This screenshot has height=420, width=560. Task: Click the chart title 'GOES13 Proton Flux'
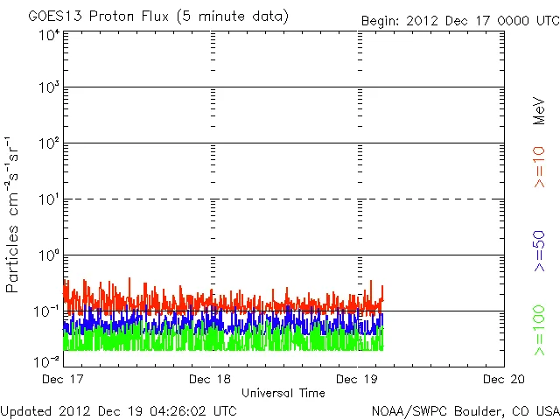(157, 17)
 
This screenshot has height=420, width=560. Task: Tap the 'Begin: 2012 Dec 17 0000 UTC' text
(459, 19)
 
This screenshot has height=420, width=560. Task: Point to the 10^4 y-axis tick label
(49, 35)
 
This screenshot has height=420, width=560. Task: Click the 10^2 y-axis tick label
(49, 144)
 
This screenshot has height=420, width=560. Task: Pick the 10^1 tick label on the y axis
(49, 200)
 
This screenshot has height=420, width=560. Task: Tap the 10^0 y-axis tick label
(49, 256)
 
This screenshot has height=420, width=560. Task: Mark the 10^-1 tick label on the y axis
(48, 311)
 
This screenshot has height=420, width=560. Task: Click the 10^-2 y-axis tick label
(48, 360)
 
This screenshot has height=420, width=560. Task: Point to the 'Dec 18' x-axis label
(210, 379)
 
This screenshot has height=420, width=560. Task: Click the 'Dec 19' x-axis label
(357, 379)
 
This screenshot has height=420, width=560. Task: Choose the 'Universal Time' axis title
(283, 393)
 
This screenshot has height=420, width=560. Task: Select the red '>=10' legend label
(540, 166)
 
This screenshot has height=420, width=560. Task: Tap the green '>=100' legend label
(540, 330)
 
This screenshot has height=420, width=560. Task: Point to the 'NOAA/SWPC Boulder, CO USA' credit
(465, 410)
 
